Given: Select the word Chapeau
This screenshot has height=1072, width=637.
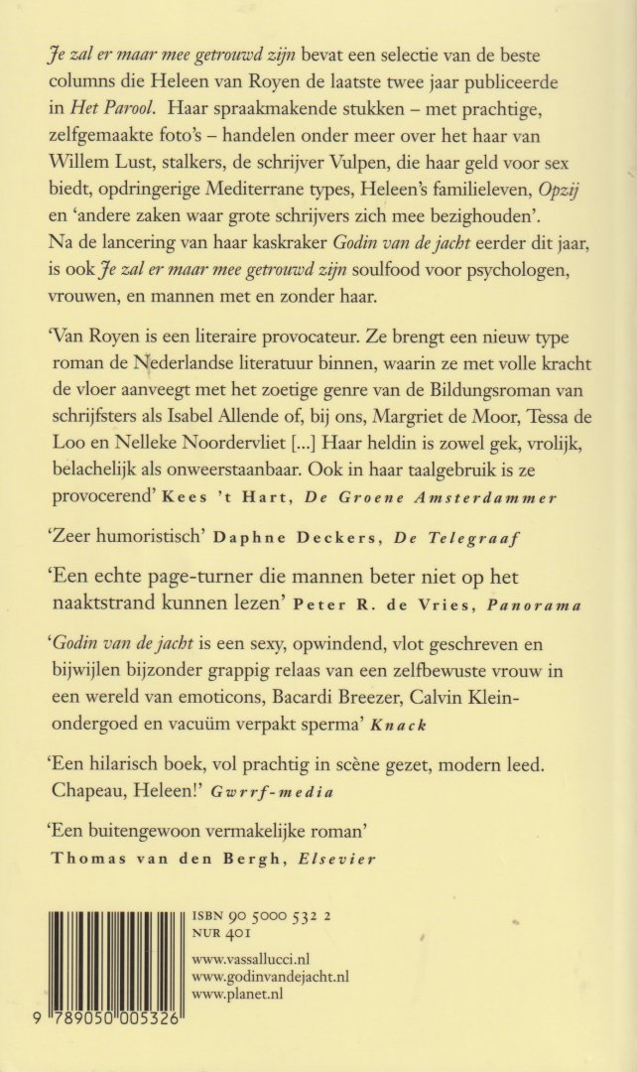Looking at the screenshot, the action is pos(97,791).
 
